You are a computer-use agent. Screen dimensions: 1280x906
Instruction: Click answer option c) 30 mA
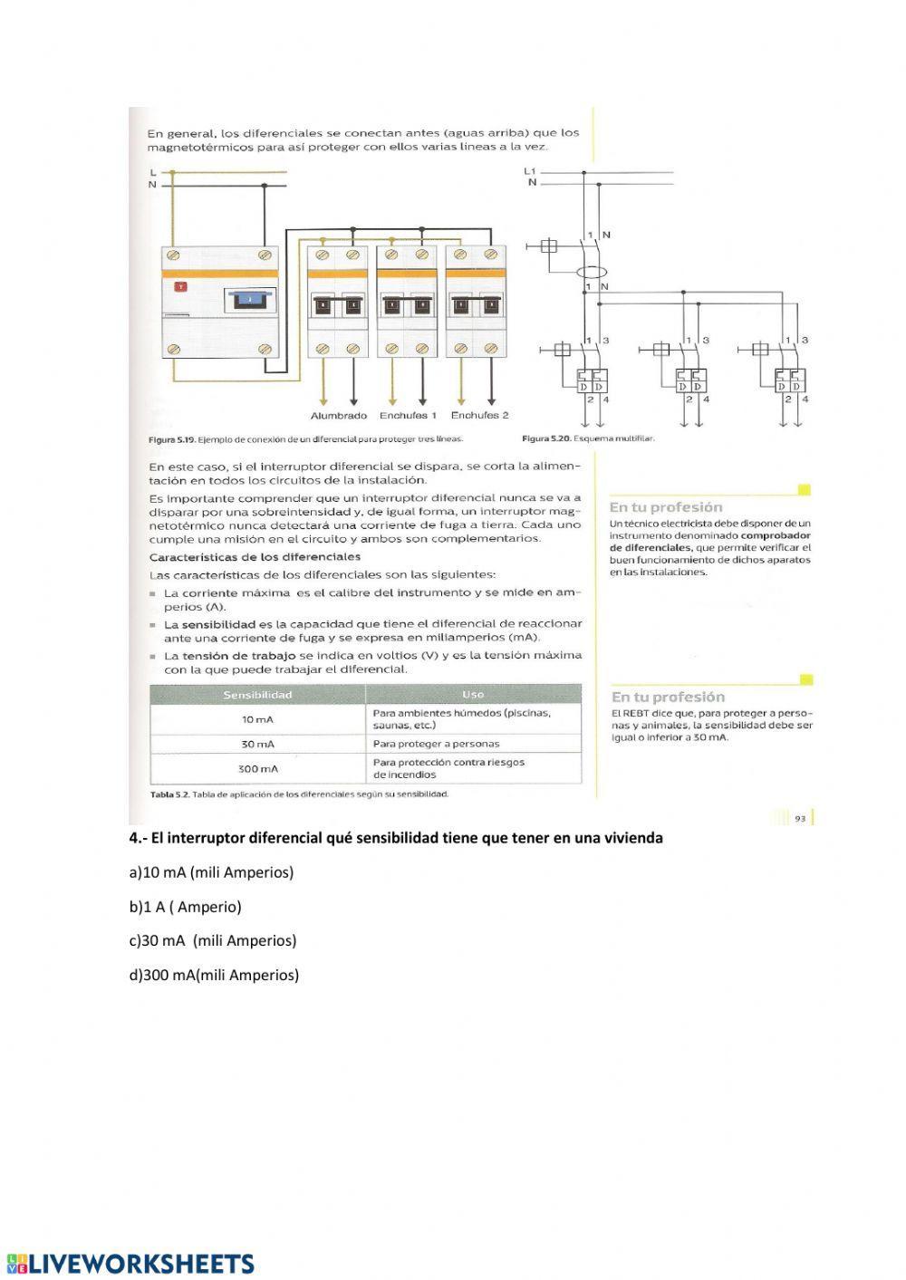click(x=213, y=940)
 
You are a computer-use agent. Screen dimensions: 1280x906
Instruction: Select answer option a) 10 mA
click(x=212, y=872)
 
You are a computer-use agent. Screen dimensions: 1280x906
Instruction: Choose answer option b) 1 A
click(x=186, y=906)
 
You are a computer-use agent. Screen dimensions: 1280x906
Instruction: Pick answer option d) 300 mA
click(x=214, y=975)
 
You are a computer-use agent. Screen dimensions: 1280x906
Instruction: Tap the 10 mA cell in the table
click(x=257, y=719)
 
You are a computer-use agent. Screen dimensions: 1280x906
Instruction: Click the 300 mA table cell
click(x=257, y=768)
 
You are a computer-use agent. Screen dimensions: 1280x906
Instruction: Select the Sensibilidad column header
click(x=257, y=695)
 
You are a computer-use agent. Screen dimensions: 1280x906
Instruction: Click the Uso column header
click(x=472, y=695)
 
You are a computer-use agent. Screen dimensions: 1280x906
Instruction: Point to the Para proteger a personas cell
click(x=436, y=744)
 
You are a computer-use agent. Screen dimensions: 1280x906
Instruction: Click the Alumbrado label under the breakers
click(x=339, y=416)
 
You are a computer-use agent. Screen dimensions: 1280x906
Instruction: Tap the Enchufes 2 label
click(x=479, y=416)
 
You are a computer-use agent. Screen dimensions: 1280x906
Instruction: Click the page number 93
click(x=800, y=818)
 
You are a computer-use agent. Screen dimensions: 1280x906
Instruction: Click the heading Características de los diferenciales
click(x=255, y=556)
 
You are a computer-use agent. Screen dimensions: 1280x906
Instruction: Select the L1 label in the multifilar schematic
click(x=530, y=170)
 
